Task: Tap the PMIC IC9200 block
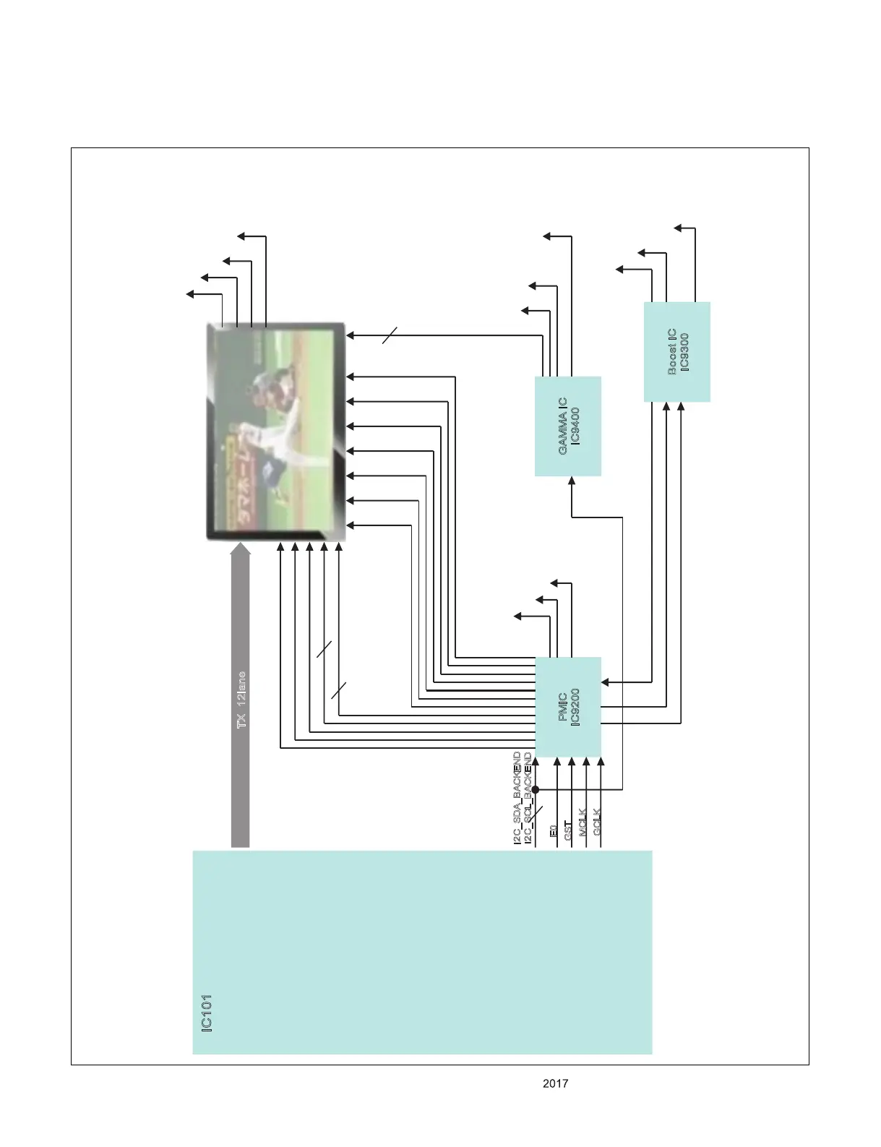pos(568,706)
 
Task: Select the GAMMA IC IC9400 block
pos(568,426)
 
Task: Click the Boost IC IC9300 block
pos(677,352)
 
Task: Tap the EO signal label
pos(553,830)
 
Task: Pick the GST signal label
pos(568,830)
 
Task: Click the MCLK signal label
pos(583,822)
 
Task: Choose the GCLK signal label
pos(597,822)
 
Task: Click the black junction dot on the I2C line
pos(536,789)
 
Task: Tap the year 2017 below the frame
pos(555,1083)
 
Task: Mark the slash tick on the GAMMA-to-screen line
pos(390,335)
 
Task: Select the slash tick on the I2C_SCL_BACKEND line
pos(536,815)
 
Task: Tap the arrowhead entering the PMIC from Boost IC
pos(606,682)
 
